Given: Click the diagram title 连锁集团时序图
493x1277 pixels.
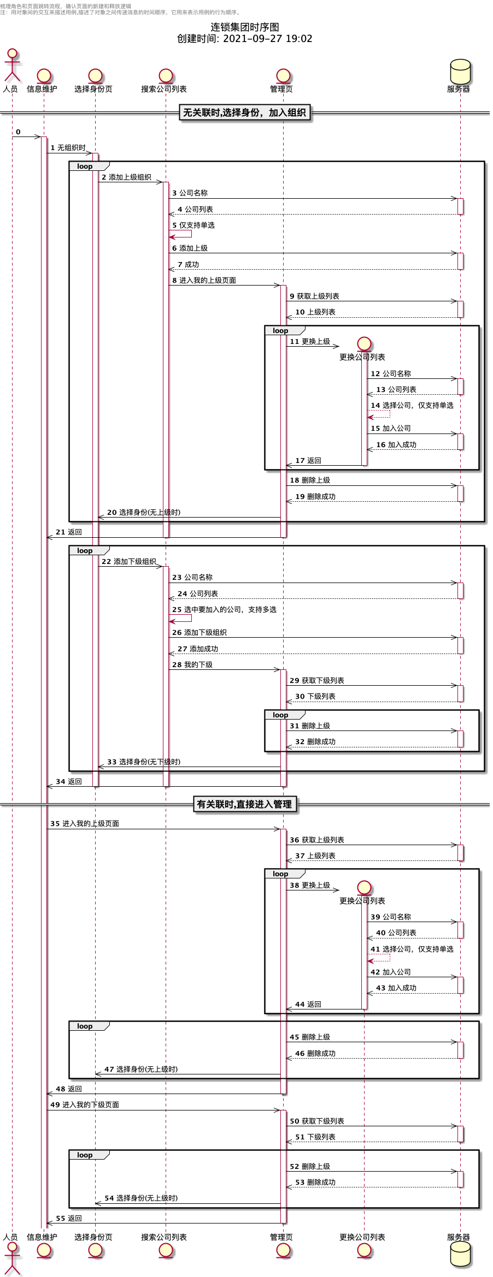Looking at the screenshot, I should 245,27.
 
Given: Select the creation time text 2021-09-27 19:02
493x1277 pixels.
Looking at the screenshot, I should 267,39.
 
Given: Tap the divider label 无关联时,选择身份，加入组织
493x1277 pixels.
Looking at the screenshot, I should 244,113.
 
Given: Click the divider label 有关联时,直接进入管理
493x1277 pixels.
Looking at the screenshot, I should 244,804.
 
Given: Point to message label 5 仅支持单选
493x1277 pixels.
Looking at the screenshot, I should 193,225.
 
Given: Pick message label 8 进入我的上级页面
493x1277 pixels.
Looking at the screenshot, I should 204,281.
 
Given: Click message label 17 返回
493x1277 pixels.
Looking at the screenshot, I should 308,461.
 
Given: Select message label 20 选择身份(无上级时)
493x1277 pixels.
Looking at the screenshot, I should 144,513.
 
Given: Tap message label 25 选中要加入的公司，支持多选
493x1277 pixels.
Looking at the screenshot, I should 224,610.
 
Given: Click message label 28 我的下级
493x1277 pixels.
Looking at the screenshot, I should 192,665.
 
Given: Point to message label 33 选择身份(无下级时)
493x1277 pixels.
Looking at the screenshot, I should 144,762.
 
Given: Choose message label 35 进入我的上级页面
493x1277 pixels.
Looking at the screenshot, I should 85,824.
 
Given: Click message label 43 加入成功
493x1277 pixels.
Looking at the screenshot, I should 396,988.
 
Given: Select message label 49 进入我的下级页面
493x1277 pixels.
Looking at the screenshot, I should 85,1105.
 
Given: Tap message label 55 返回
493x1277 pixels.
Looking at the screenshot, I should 69,1219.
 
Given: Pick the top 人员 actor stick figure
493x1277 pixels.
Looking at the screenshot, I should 11,64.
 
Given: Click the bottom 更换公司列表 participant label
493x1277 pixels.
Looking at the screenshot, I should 362,1237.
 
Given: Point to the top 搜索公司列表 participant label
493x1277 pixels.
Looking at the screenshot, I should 164,89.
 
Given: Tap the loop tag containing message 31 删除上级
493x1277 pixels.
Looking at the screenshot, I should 280,715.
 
